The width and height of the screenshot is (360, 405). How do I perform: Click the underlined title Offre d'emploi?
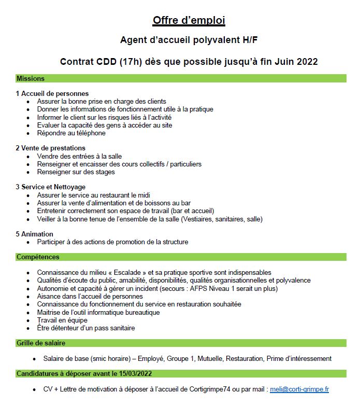[x=189, y=21]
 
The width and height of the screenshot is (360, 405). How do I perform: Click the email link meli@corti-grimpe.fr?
[x=299, y=389]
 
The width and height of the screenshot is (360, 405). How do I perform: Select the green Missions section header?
[x=31, y=78]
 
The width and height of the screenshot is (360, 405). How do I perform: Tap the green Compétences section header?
[x=38, y=257]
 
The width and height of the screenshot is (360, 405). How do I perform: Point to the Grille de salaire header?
[x=41, y=343]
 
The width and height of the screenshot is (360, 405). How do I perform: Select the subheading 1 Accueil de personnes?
[x=52, y=94]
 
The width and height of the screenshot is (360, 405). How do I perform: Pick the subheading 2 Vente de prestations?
[x=50, y=148]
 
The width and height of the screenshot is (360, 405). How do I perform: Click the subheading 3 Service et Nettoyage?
[x=50, y=187]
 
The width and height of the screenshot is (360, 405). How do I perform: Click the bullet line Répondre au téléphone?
[x=71, y=133]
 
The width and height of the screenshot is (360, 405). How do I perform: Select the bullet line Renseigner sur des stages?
[x=76, y=172]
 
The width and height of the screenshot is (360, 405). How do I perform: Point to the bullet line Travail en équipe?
[x=62, y=320]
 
